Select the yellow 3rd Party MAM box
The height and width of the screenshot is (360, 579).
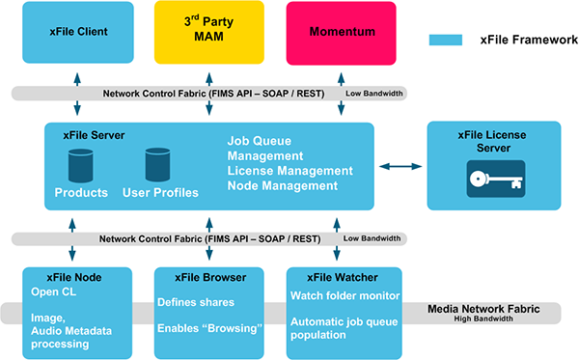209,32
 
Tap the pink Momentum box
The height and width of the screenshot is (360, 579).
342,32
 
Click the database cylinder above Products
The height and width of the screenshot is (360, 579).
80,165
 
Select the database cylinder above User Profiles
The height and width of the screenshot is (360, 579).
157,165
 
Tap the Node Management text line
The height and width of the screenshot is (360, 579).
283,185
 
